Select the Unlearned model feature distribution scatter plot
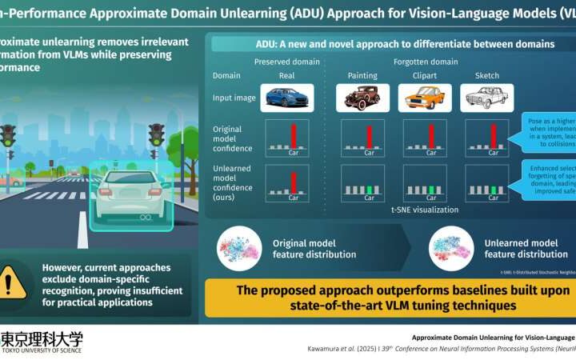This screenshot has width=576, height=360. pos(452,246)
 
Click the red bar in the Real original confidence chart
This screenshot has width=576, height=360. pos(293,134)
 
